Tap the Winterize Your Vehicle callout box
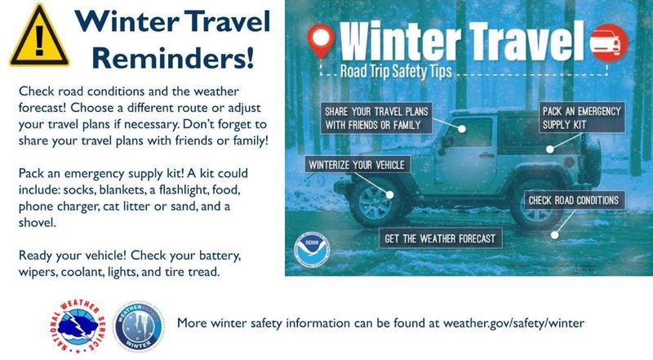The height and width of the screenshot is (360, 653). pyautogui.click(x=356, y=164)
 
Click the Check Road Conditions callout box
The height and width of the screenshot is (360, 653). pyautogui.click(x=573, y=200)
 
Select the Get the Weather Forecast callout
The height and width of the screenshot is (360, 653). pyautogui.click(x=441, y=238)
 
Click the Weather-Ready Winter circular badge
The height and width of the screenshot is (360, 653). pyautogui.click(x=141, y=323)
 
